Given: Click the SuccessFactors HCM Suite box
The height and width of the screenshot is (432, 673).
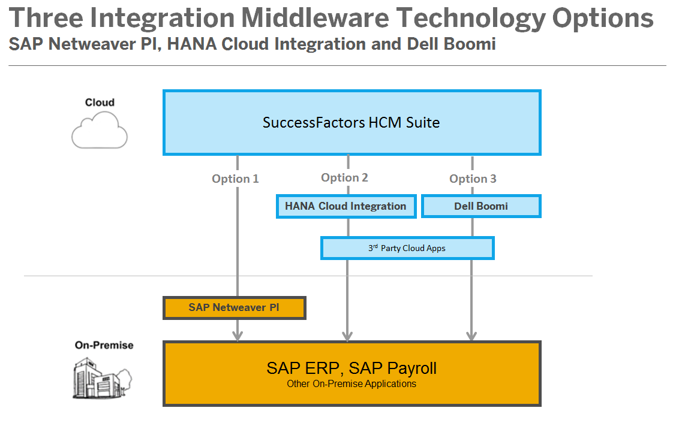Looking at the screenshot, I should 351,123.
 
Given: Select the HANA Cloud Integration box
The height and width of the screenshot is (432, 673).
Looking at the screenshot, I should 345,206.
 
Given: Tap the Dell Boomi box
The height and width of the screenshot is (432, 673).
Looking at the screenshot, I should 481,206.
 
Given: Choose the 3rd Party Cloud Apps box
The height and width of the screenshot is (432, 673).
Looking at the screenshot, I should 407,248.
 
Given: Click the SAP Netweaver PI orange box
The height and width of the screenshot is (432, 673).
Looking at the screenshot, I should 234,307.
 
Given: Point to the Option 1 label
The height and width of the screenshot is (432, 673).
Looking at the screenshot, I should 235,179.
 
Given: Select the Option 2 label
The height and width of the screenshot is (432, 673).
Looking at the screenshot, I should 344,177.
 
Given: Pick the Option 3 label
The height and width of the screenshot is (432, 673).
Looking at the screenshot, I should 473,179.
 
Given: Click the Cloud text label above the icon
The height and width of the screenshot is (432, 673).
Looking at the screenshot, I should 100,102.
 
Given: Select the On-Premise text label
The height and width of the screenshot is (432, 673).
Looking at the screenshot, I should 104,345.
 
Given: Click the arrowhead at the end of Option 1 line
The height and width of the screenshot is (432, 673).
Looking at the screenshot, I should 238,336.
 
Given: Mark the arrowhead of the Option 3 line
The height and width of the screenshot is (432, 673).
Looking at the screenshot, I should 472,336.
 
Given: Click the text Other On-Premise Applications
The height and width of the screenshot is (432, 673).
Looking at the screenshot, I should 351,383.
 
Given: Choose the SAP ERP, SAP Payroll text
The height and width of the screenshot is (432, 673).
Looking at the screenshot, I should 351,367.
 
